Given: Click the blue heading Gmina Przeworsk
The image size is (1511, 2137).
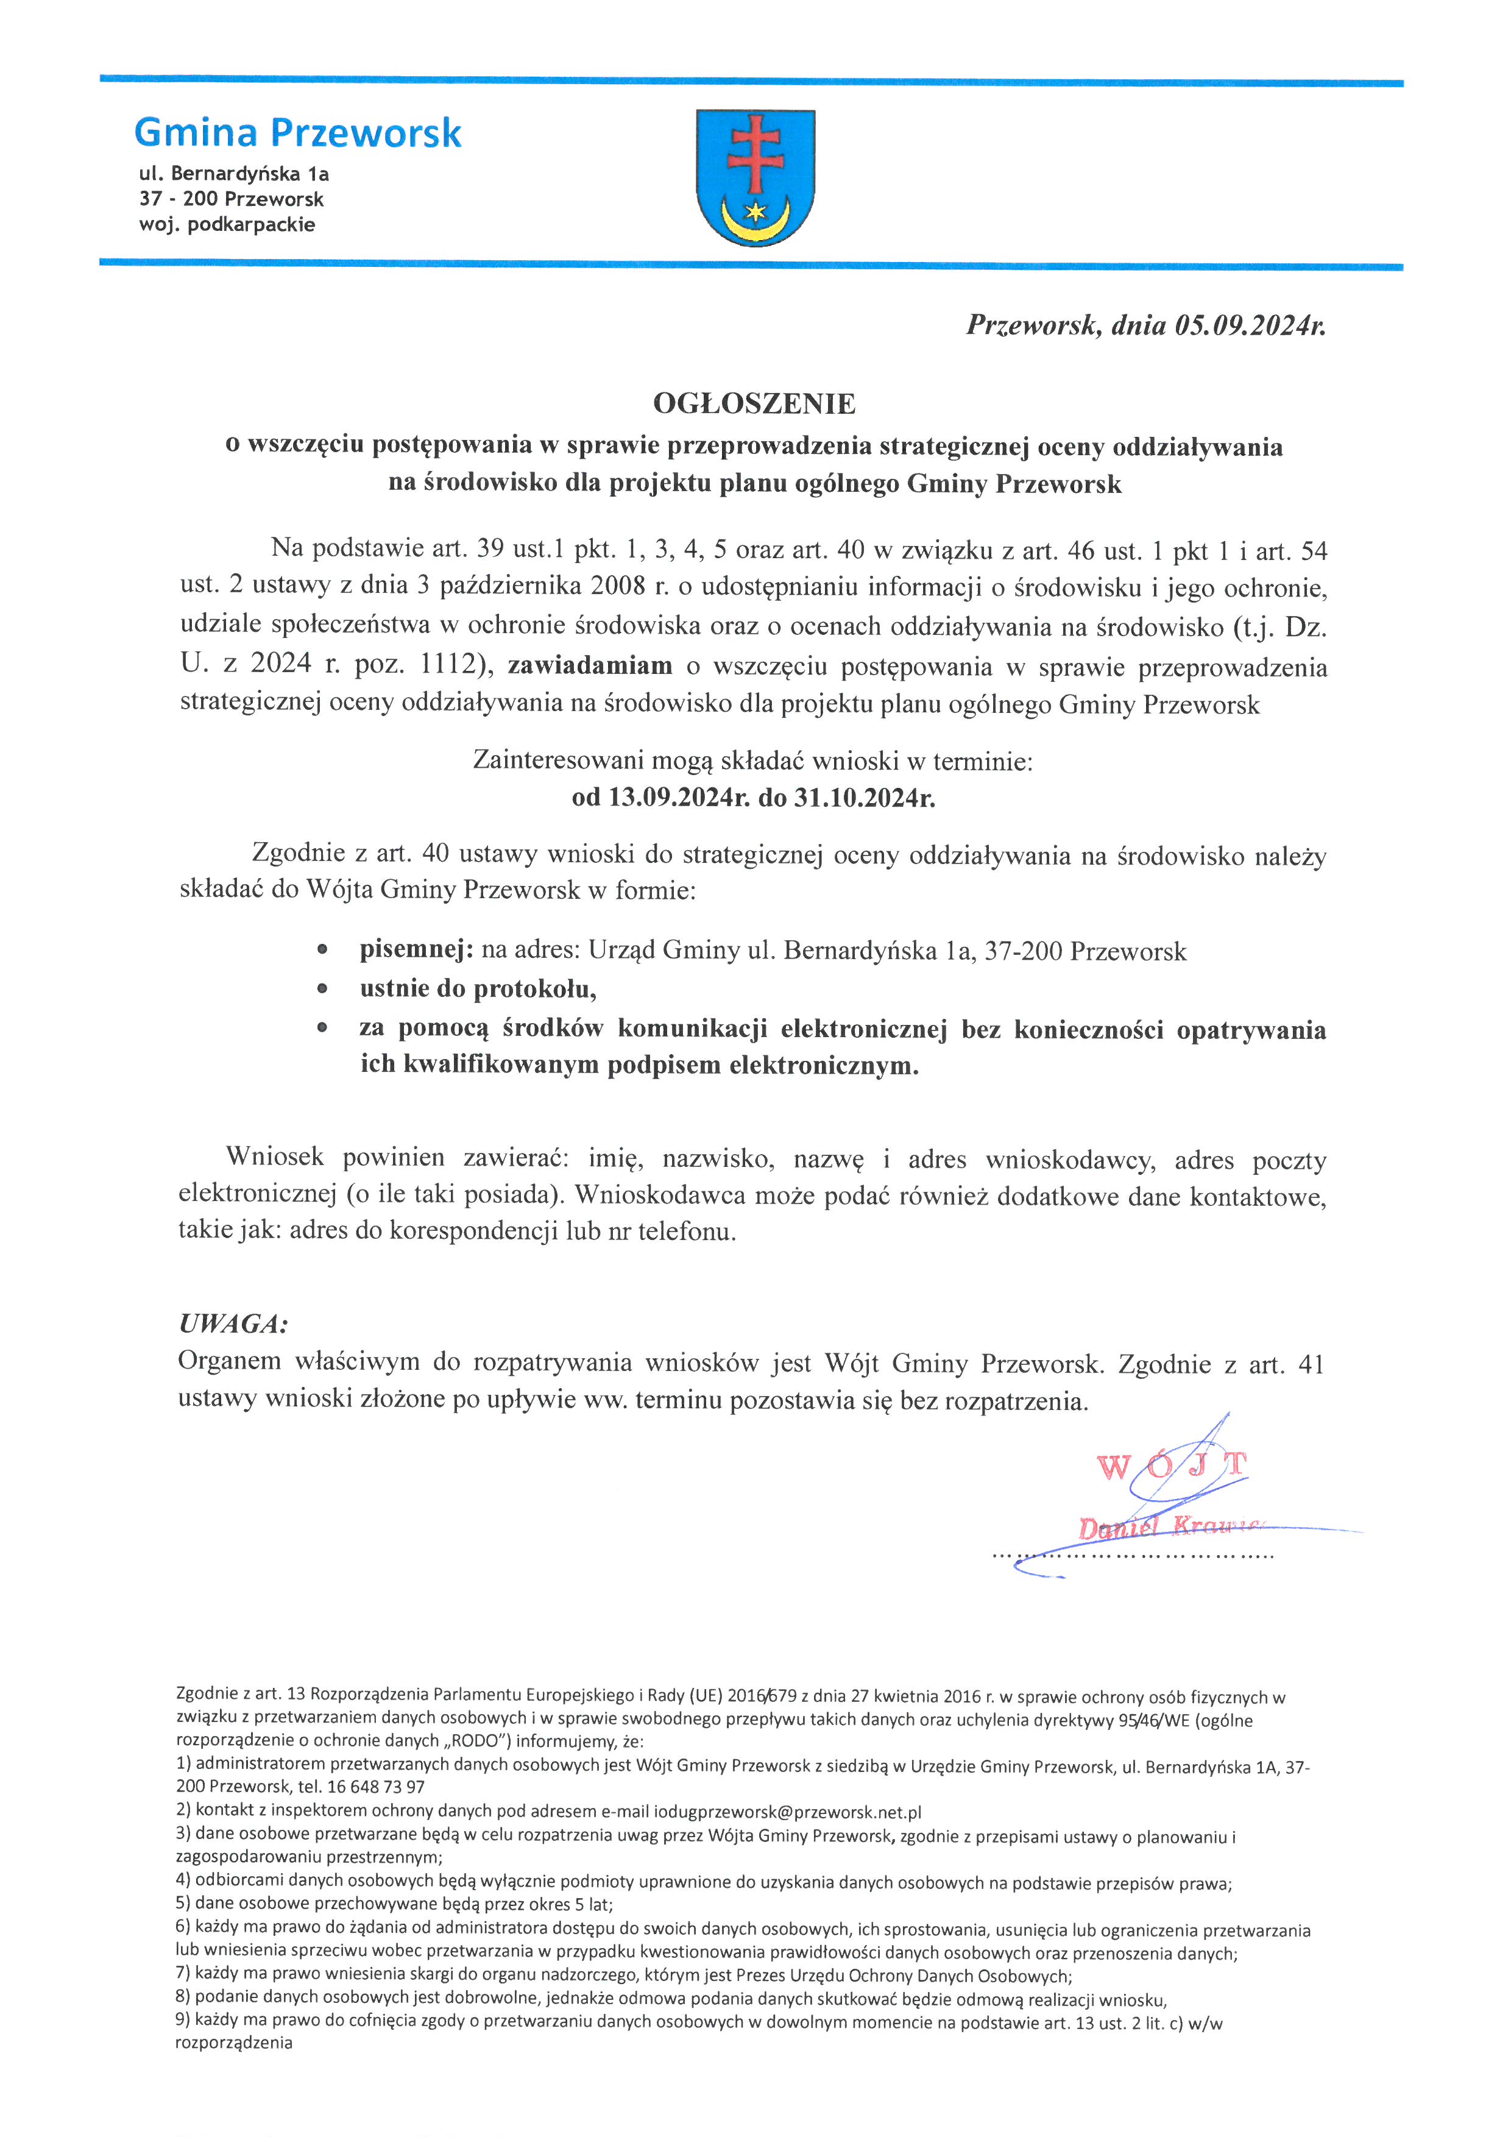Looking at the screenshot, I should pyautogui.click(x=298, y=133).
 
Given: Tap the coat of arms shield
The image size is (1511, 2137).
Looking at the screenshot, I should pyautogui.click(x=755, y=177).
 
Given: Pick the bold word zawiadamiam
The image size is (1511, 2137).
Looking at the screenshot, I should pyautogui.click(x=590, y=665).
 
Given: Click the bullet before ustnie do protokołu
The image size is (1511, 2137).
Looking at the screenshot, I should pyautogui.click(x=322, y=988).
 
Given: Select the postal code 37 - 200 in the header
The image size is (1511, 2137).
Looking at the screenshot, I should pyautogui.click(x=180, y=199).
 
